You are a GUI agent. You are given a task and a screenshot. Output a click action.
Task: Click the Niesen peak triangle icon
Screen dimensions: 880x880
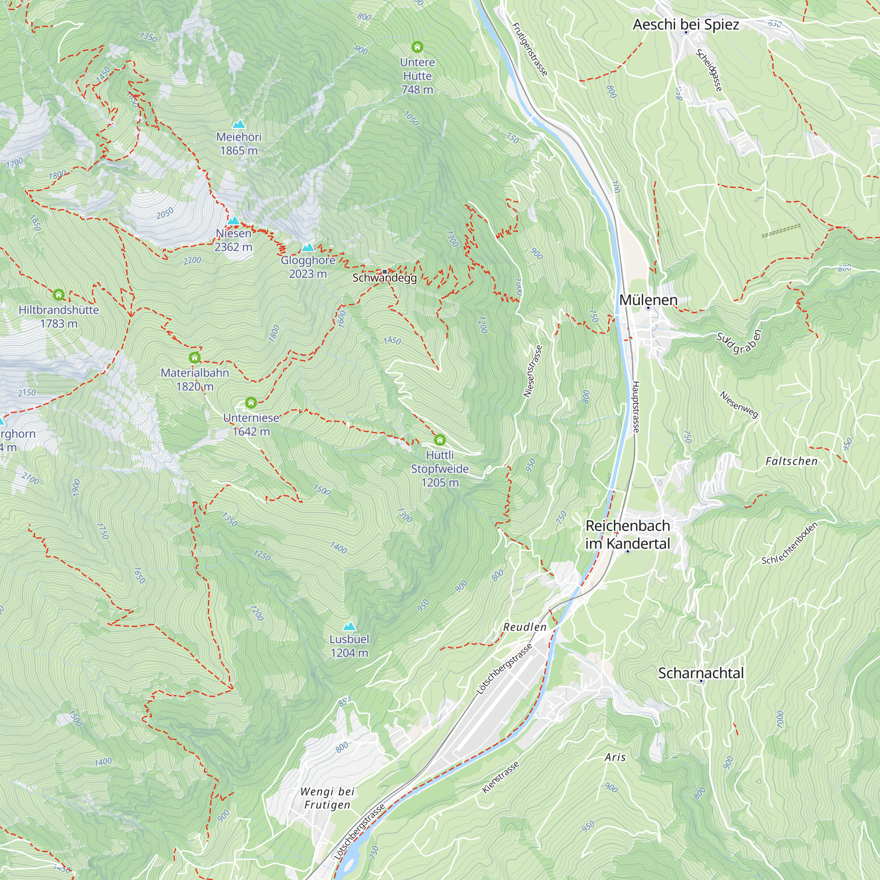click(x=234, y=221)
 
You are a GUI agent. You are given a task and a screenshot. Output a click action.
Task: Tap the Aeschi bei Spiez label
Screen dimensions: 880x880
click(x=686, y=24)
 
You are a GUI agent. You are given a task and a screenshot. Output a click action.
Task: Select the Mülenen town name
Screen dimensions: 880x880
click(x=648, y=300)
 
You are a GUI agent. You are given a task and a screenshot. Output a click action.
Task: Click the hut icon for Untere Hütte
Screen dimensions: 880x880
click(x=417, y=47)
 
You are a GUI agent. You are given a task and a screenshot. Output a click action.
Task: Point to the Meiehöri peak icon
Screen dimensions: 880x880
click(x=238, y=125)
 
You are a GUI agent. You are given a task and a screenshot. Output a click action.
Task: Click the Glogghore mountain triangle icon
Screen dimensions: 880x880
click(x=308, y=248)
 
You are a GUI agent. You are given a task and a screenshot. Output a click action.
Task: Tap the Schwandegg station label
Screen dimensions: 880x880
click(x=385, y=278)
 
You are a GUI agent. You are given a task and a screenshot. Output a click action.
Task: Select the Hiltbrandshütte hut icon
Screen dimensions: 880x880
click(x=59, y=295)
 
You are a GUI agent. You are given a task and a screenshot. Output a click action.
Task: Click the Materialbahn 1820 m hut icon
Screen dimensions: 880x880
click(x=194, y=358)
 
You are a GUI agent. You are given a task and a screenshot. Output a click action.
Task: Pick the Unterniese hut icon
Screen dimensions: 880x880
click(x=251, y=402)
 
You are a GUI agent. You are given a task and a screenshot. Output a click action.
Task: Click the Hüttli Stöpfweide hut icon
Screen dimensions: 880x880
click(x=440, y=440)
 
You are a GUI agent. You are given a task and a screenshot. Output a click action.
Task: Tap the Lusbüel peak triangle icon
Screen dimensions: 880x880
click(x=349, y=626)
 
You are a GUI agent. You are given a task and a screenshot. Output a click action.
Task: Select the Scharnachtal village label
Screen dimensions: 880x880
click(x=700, y=673)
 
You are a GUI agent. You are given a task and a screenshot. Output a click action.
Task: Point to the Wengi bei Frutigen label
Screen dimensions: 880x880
click(x=327, y=798)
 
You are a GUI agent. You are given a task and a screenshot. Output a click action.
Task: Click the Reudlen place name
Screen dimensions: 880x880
click(x=525, y=627)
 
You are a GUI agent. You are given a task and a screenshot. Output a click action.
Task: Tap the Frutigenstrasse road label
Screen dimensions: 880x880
click(x=530, y=49)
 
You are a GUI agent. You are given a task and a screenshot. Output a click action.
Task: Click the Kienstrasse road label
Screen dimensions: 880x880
click(x=501, y=777)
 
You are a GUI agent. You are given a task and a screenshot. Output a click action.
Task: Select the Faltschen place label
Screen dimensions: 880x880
click(x=792, y=461)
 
